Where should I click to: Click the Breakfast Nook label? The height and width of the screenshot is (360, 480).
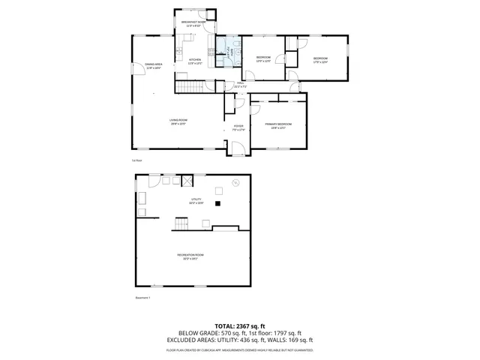click(193, 23)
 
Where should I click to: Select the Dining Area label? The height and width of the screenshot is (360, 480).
click(154, 66)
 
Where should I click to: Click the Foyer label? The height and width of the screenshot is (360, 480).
click(238, 127)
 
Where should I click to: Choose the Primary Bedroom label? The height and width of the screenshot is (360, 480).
click(277, 125)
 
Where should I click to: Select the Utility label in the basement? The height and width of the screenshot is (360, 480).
click(196, 200)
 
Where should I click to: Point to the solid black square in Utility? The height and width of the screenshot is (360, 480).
click(218, 203)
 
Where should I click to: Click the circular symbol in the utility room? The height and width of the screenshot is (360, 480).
click(235, 182)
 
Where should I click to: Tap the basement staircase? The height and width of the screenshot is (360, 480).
click(181, 224)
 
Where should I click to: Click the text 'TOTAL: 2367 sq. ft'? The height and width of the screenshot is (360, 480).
click(239, 326)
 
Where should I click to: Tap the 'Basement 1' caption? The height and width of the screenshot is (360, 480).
click(142, 298)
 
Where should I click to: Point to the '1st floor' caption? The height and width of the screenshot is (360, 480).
click(136, 160)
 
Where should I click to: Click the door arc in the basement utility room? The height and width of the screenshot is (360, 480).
click(154, 180)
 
